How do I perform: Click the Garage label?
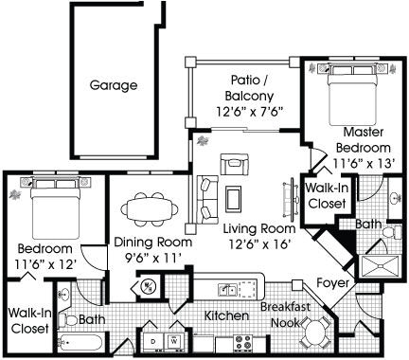(114, 85)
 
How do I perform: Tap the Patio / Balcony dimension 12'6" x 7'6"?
(249, 112)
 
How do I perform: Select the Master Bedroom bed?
(352, 95)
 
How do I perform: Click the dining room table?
(149, 209)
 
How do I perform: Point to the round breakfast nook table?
(315, 333)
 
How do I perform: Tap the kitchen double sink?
(228, 289)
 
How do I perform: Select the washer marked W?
(174, 341)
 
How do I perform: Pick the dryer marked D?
(153, 341)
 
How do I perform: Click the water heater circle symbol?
(148, 287)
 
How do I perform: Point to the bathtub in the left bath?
(80, 342)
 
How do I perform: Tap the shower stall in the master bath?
(381, 266)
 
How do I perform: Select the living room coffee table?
(234, 198)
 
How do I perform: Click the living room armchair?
(235, 164)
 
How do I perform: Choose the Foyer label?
(333, 282)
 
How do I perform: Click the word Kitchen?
(226, 315)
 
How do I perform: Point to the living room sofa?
(207, 200)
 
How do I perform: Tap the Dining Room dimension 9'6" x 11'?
(152, 259)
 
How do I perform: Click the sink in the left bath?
(64, 297)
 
